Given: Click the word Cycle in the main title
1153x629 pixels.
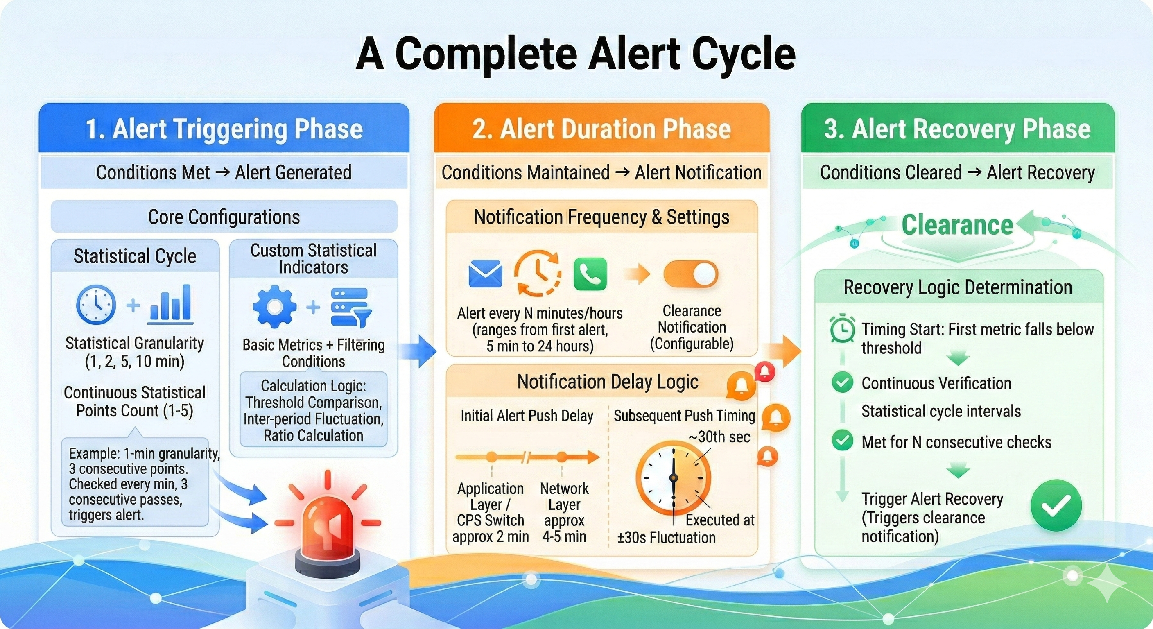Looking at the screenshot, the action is click(x=744, y=54).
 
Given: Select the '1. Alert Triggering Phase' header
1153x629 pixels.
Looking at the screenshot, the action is click(x=224, y=129).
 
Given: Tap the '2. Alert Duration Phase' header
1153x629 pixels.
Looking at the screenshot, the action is click(x=601, y=129).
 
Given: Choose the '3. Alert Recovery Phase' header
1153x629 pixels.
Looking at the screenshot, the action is click(x=957, y=129).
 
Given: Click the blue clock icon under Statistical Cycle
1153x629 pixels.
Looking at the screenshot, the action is click(x=96, y=304).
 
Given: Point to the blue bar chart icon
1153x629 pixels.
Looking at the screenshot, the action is click(x=170, y=304).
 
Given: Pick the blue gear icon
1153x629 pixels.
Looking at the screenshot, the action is click(x=275, y=307).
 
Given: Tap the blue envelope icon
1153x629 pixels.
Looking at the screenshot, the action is click(x=485, y=274).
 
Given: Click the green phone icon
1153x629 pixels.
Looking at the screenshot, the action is click(x=590, y=274).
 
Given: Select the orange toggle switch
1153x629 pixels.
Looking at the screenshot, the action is click(x=691, y=274).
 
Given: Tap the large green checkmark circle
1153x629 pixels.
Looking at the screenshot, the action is click(x=1056, y=505).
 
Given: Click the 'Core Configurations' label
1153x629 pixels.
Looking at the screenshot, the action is click(x=224, y=217).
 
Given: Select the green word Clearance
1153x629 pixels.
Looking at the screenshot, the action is click(x=957, y=225).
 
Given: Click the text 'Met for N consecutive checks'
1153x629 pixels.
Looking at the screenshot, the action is click(x=956, y=442).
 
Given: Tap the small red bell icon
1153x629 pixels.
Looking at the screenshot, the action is click(x=765, y=371).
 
